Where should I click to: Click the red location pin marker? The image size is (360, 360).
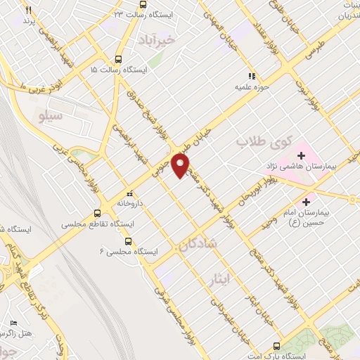(181, 165)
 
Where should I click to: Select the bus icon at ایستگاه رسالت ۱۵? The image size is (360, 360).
(117, 60)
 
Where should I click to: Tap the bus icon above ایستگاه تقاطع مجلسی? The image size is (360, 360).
(97, 212)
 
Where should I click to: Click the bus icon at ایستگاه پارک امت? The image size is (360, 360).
(276, 346)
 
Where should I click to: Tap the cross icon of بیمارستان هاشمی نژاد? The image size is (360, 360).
(302, 155)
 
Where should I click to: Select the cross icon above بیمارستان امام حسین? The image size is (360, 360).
(305, 202)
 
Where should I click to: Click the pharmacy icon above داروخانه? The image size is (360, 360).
(129, 194)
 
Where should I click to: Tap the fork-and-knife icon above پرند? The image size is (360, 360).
(29, 11)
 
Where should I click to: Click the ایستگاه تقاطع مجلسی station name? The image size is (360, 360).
(98, 223)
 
